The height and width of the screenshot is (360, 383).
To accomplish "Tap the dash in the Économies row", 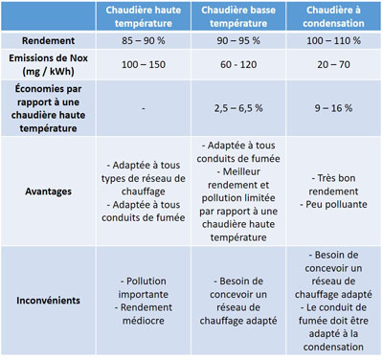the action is [x=143, y=109].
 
